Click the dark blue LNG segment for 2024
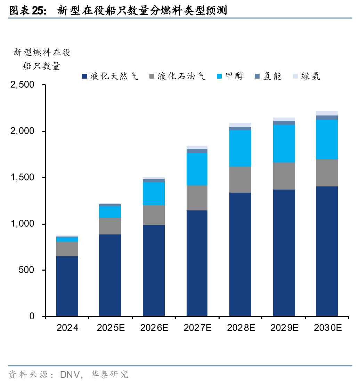(67, 286)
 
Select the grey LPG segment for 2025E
(110, 226)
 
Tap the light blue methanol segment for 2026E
(154, 193)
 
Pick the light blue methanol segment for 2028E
(240, 148)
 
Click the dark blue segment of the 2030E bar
(327, 251)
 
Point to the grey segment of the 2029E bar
(284, 176)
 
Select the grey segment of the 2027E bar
(197, 198)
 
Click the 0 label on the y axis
(32, 316)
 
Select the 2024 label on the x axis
(67, 328)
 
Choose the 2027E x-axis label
(197, 328)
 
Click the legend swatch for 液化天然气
(84, 76)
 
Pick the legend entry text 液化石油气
(181, 76)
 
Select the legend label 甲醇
(235, 76)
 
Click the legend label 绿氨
(310, 76)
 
